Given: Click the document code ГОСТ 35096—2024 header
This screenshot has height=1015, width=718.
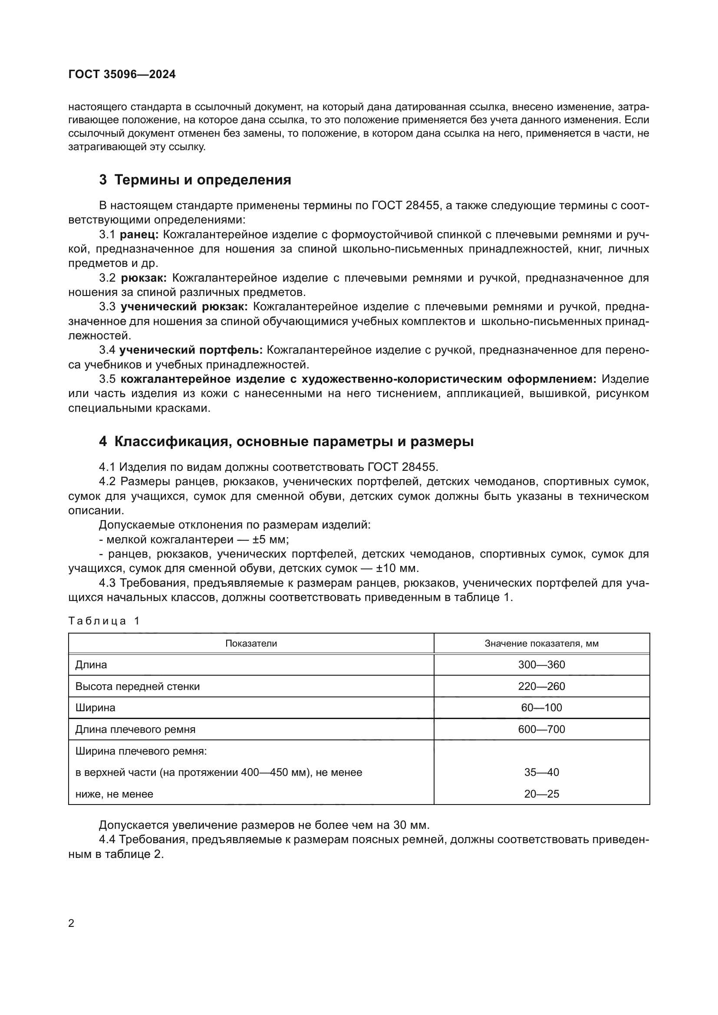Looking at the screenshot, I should click(x=122, y=74).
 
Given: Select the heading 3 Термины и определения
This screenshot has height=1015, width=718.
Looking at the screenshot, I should click(x=195, y=180).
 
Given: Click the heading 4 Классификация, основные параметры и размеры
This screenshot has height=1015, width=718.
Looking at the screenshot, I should click(x=286, y=442).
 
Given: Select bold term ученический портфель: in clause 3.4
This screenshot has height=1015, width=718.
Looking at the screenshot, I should click(x=191, y=350).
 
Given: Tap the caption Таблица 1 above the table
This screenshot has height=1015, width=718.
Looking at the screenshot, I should click(x=104, y=621).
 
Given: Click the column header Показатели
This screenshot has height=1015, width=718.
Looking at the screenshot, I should click(x=250, y=644).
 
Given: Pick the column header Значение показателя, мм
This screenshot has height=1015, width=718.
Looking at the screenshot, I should click(x=541, y=644).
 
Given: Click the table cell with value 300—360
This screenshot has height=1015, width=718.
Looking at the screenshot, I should click(x=541, y=665).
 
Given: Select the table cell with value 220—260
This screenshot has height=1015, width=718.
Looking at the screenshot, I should click(x=541, y=687).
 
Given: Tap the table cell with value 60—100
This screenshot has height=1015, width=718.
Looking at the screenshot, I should click(x=541, y=708).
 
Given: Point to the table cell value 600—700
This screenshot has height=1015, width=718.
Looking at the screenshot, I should click(x=541, y=729).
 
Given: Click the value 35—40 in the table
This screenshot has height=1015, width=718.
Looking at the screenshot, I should click(x=541, y=772).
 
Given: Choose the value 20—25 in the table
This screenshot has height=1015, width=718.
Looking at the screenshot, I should click(x=541, y=794).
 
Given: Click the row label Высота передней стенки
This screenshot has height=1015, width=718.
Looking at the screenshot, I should click(x=137, y=687).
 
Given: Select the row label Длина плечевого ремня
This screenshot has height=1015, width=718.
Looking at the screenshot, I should click(x=135, y=729).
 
